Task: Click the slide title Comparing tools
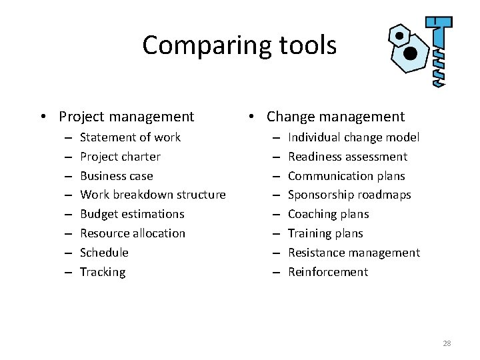(x=239, y=45)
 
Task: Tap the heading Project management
(x=126, y=117)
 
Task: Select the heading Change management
(x=335, y=117)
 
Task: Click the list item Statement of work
(x=130, y=137)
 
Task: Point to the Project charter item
(x=120, y=157)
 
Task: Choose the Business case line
(x=117, y=176)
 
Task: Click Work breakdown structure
(x=153, y=195)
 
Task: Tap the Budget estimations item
(x=132, y=214)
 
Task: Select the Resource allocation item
(x=133, y=233)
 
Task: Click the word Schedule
(x=104, y=253)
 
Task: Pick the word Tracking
(x=103, y=272)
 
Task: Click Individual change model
(x=353, y=137)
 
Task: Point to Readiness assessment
(x=347, y=157)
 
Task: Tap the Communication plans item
(x=346, y=176)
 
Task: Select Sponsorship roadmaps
(x=349, y=195)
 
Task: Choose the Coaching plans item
(x=328, y=214)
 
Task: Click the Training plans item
(x=325, y=233)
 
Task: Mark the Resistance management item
(x=353, y=253)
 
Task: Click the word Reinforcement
(x=327, y=272)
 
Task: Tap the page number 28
(x=447, y=343)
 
